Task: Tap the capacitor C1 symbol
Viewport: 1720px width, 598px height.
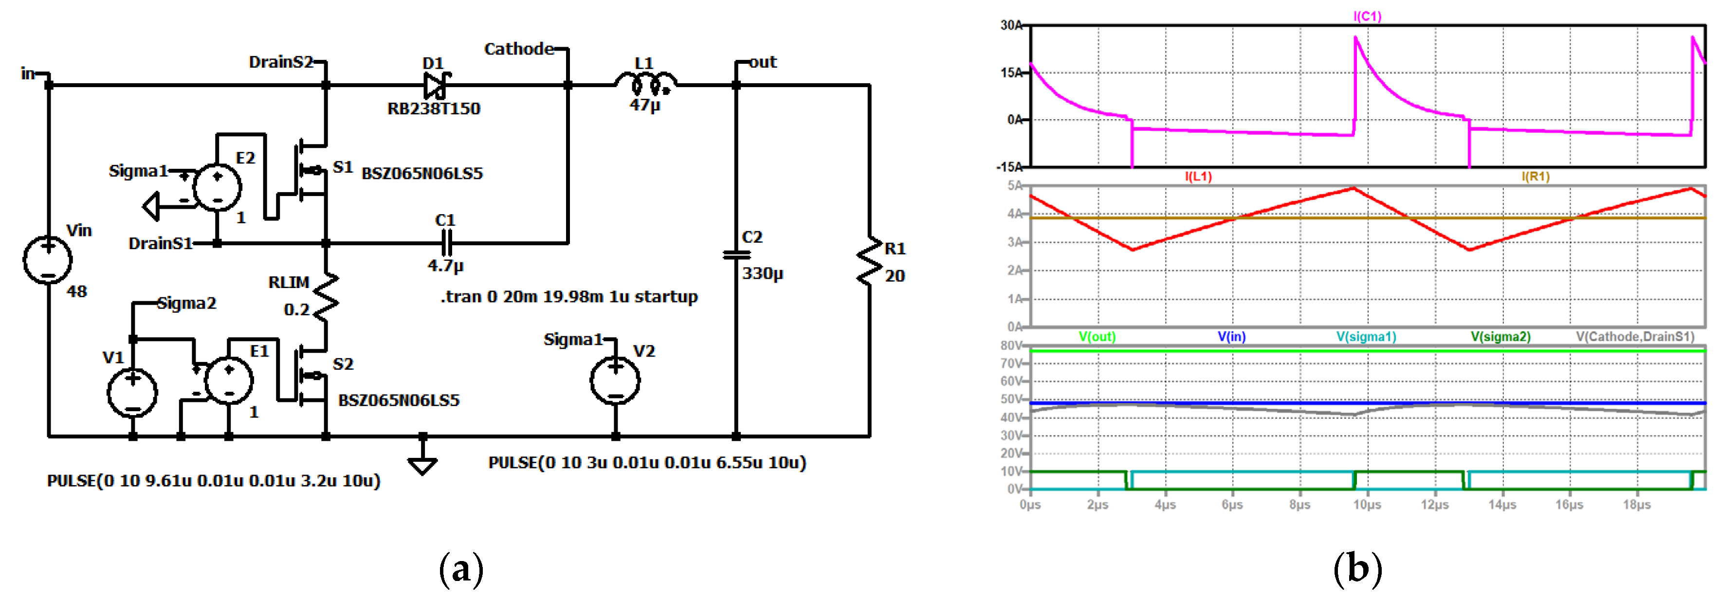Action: pyautogui.click(x=446, y=242)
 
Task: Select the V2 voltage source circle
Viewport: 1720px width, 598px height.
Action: pyautogui.click(x=615, y=381)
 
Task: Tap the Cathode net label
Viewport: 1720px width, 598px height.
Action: pyautogui.click(x=519, y=49)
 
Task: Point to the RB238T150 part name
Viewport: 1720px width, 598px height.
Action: pyautogui.click(x=434, y=108)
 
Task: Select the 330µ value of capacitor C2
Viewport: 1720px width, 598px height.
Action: pyautogui.click(x=763, y=273)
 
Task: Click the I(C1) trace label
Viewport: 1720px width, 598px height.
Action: pyautogui.click(x=1367, y=16)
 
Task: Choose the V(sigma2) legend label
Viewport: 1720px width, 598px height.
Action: pyautogui.click(x=1500, y=336)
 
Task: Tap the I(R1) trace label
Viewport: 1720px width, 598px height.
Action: pyautogui.click(x=1535, y=176)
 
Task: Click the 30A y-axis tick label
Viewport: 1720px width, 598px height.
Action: pyautogui.click(x=1011, y=25)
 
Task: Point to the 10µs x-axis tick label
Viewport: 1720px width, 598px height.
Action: pyautogui.click(x=1367, y=505)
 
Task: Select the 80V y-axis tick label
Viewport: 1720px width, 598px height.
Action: pyautogui.click(x=1011, y=346)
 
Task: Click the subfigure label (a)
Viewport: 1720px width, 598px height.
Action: pyautogui.click(x=461, y=569)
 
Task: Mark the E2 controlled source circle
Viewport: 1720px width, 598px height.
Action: pyautogui.click(x=217, y=187)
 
